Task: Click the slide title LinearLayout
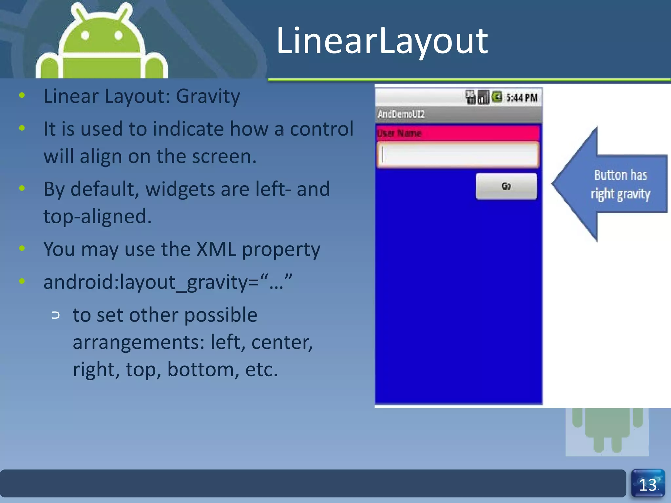point(382,41)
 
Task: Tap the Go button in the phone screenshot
point(506,186)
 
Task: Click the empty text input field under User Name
point(458,155)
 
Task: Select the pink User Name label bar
point(458,133)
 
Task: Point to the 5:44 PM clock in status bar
point(522,98)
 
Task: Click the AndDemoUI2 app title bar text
point(401,114)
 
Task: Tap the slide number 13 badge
point(648,484)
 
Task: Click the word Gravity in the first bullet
point(208,96)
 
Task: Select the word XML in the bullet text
point(216,249)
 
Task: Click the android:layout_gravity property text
point(167,282)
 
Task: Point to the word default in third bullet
point(105,189)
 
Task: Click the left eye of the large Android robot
point(86,35)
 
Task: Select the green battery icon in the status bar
point(497,97)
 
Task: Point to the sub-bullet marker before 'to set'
point(56,315)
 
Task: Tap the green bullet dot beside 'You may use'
point(22,248)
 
